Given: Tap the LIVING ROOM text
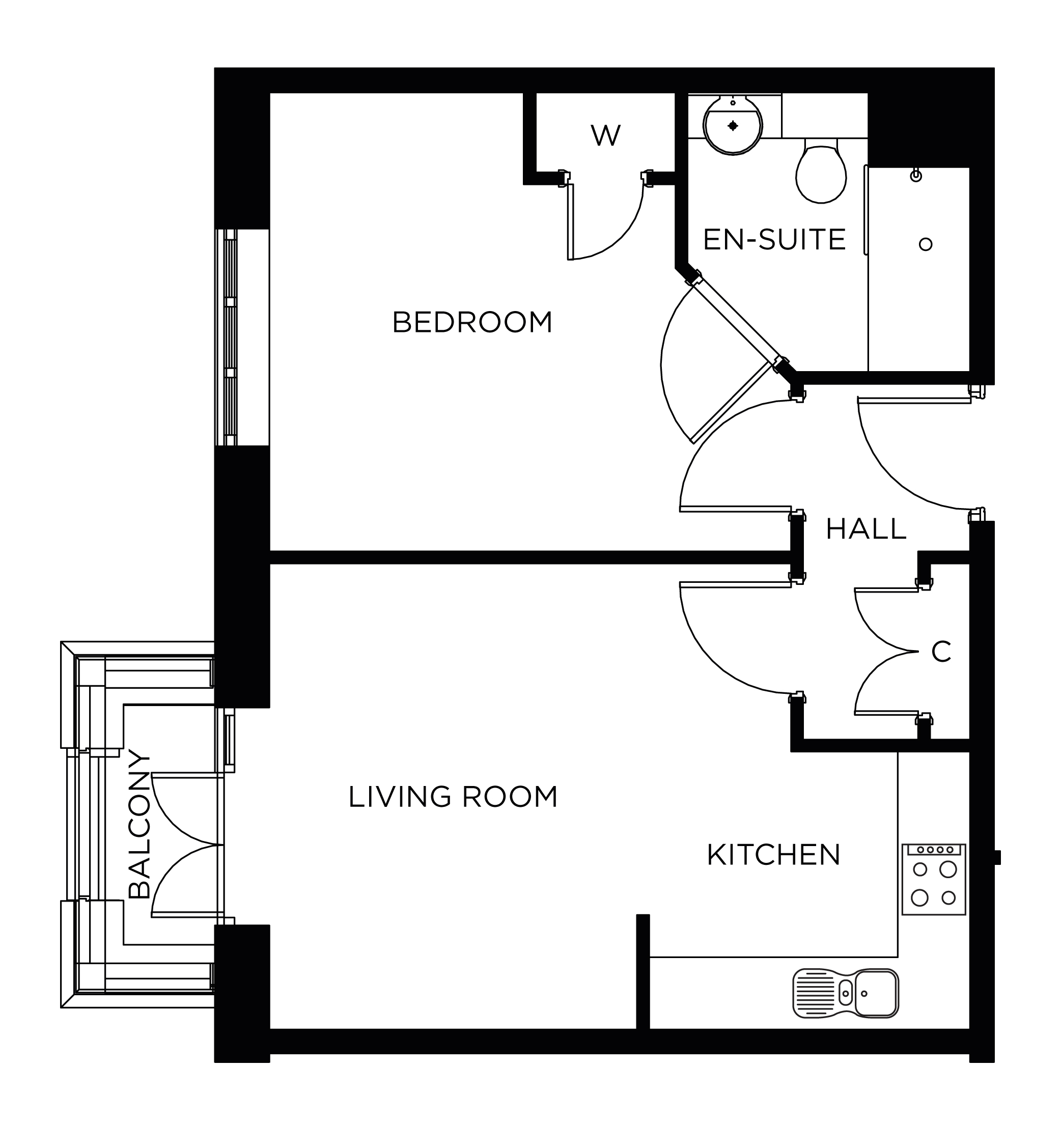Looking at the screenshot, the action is (453, 797).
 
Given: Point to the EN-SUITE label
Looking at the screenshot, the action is (774, 239).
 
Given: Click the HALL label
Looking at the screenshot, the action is (866, 529).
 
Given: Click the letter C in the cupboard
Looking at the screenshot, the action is (941, 652).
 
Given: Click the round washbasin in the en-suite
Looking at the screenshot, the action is (733, 125).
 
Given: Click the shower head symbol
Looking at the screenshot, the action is (916, 175).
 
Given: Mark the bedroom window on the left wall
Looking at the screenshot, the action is (230, 337).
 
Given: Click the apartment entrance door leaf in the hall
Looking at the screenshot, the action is (914, 400).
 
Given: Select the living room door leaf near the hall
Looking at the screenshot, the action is (735, 585).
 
